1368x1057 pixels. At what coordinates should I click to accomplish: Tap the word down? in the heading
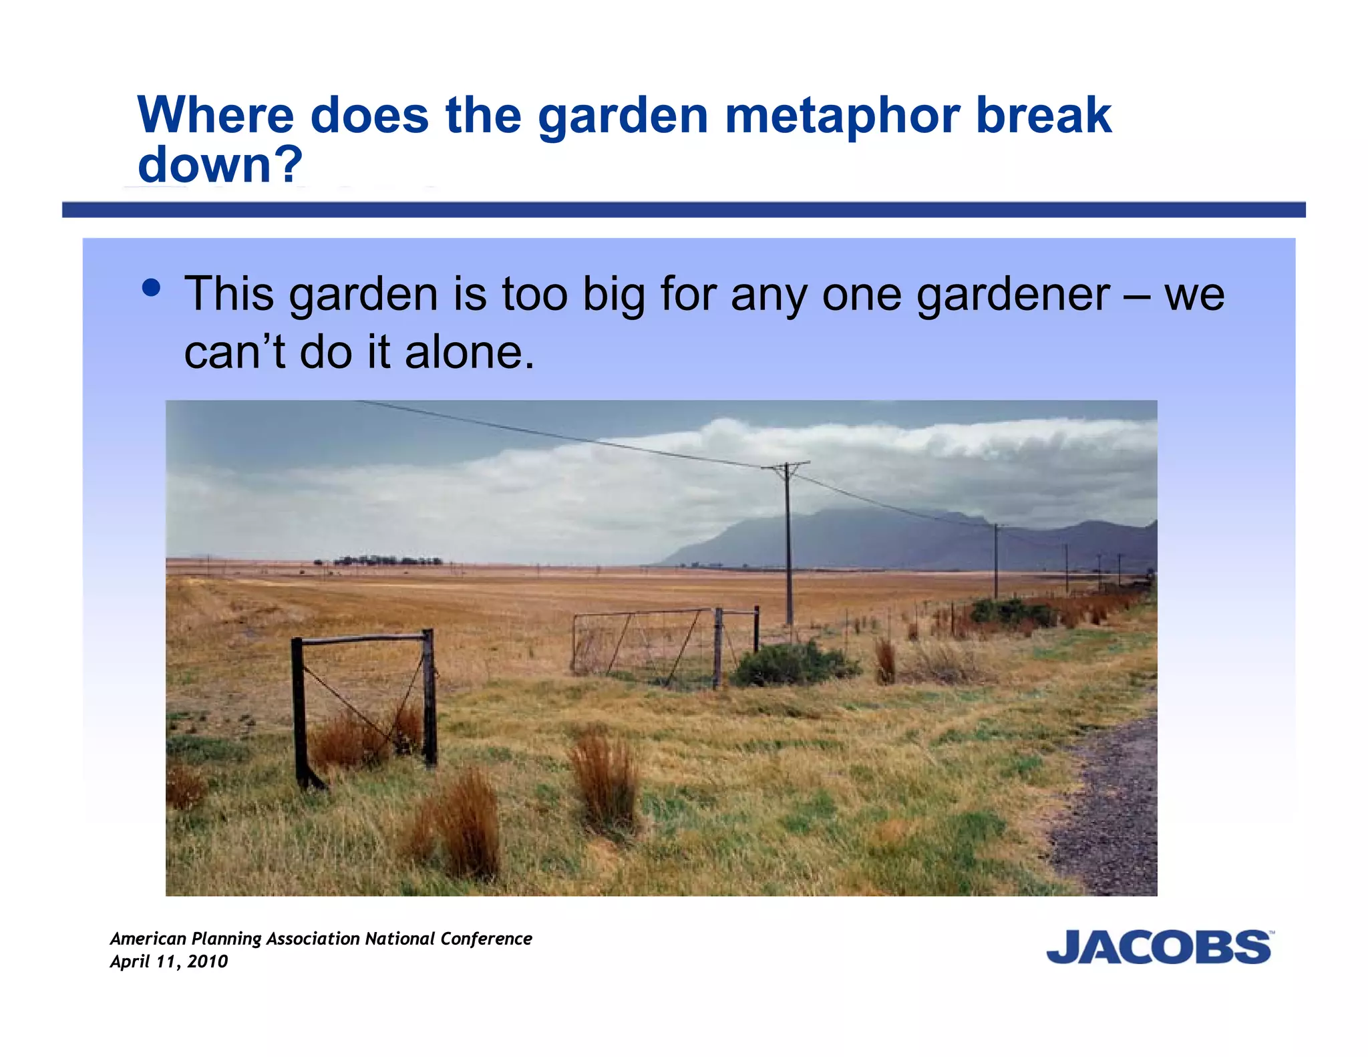220,165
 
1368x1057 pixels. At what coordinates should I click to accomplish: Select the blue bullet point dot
152,288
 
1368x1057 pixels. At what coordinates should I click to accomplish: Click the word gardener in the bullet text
1013,295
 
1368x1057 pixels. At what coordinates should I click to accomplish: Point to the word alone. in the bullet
470,352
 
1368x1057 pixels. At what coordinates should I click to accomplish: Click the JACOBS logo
1159,947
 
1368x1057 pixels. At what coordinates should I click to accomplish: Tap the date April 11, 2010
169,961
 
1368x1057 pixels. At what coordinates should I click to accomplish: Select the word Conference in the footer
486,939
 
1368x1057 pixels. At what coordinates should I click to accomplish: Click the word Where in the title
216,116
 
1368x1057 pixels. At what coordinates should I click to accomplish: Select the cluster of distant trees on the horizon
387,560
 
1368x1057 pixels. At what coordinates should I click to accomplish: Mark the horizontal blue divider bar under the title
683,210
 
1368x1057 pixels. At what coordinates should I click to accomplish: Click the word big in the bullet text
613,295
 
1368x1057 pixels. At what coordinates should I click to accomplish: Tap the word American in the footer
148,939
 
